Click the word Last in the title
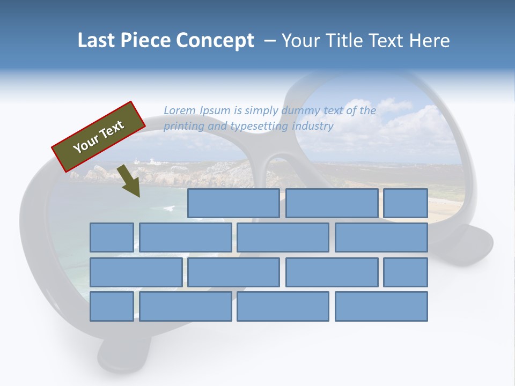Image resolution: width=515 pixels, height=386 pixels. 97,41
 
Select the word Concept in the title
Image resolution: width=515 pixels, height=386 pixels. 215,41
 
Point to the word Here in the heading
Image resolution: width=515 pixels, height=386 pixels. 429,41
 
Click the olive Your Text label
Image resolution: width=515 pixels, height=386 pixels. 99,137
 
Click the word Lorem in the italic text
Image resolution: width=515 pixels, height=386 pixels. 180,110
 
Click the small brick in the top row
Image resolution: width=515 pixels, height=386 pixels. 406,203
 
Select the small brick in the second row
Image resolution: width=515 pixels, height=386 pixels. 112,237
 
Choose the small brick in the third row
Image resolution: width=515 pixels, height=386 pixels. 406,272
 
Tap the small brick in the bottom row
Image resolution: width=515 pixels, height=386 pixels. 112,306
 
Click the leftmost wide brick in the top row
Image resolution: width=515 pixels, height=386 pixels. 233,203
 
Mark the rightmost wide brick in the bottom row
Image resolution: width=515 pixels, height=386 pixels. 381,306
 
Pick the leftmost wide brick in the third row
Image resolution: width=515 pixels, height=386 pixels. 136,272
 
